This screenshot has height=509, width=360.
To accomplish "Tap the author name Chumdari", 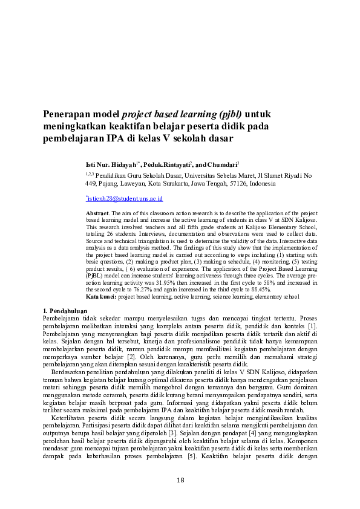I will point(222,164).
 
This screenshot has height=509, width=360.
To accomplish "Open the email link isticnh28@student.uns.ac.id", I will point(125,198).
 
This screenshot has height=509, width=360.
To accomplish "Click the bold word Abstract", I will point(96,214).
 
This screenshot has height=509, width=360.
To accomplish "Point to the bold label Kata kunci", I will point(101,297).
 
